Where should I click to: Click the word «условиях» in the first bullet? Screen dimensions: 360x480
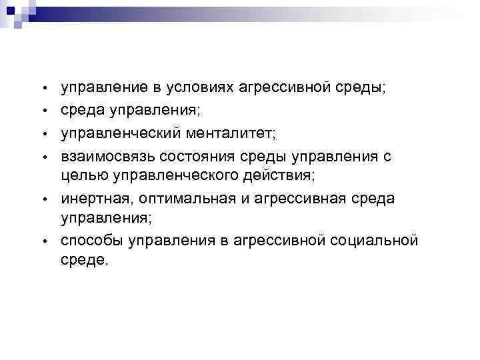pos(189,87)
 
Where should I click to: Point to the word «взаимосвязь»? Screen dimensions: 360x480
pos(106,157)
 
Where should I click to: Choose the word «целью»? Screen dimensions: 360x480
pos(82,175)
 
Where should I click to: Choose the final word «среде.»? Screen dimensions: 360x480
pos(83,259)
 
